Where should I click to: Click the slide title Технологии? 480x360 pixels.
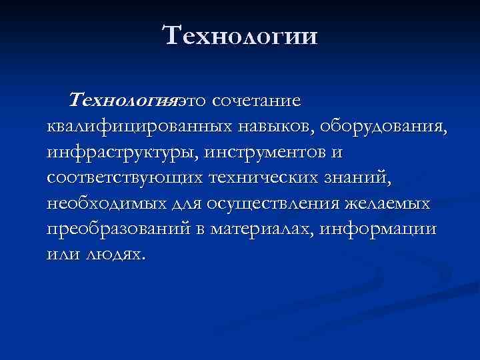click(241, 35)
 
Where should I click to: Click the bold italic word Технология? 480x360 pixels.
click(125, 101)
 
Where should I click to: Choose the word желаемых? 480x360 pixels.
click(389, 203)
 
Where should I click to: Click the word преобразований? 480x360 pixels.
click(123, 229)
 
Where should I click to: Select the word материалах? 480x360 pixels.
click(263, 229)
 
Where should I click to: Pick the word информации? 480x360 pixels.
click(378, 229)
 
